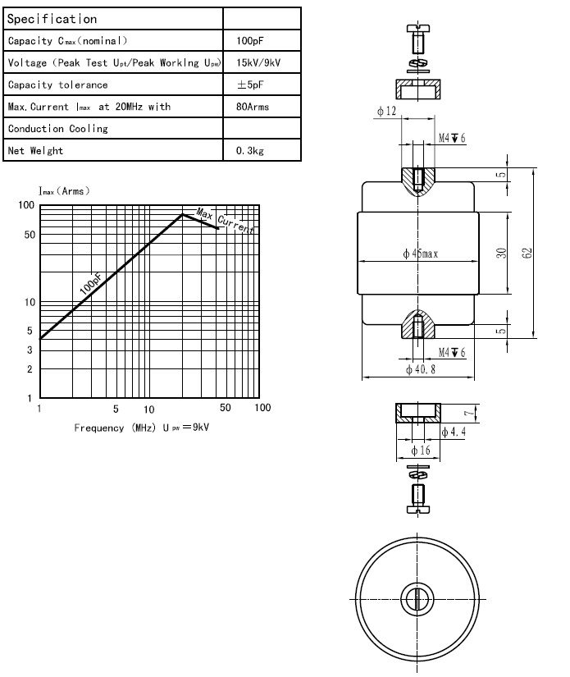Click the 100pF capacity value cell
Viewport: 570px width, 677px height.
pos(249,41)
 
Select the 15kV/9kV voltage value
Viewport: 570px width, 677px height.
pos(258,62)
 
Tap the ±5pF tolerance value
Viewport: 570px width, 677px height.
pos(250,85)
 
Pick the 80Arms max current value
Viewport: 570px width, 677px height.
pos(253,107)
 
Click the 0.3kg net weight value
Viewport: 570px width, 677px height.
pos(250,151)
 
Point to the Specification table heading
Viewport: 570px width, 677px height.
pos(52,19)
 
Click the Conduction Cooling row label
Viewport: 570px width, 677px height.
pos(57,129)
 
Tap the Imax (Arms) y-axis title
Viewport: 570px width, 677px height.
pos(64,191)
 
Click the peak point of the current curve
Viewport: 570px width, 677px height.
pos(183,214)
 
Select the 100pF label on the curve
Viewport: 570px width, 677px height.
pos(91,284)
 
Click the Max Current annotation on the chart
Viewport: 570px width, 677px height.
pos(225,220)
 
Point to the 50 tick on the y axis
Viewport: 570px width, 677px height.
pos(30,235)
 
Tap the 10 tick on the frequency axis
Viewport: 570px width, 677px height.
pos(149,409)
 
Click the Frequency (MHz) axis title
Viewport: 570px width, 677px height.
pos(114,428)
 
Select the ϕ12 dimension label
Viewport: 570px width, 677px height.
pos(386,111)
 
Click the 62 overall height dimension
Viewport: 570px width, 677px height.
pos(527,253)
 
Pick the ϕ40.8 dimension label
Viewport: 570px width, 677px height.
pos(421,369)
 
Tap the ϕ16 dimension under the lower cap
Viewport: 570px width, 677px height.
pos(421,451)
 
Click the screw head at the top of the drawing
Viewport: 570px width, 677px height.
pos(418,29)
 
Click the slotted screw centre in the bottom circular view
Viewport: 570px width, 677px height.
pos(417,599)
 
